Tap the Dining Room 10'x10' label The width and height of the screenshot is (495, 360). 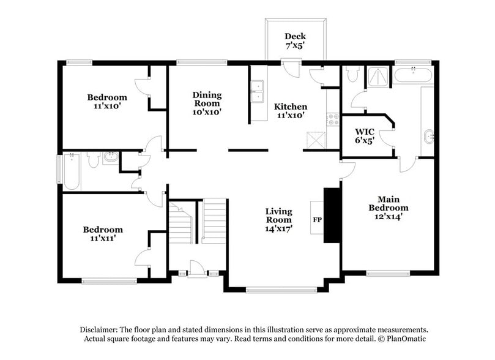[x=207, y=103]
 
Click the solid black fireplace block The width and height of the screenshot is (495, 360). [x=331, y=216]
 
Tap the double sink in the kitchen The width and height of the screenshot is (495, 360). [x=257, y=91]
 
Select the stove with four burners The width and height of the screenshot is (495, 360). [x=333, y=119]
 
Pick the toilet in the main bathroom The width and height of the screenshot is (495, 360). [x=352, y=75]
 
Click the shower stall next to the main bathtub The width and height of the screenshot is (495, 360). [x=379, y=76]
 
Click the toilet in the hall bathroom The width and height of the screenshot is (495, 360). [x=93, y=160]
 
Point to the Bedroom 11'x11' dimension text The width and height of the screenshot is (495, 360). [x=103, y=238]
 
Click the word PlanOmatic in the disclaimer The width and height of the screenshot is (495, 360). [x=403, y=339]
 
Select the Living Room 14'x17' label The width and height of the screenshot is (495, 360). [x=278, y=220]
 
